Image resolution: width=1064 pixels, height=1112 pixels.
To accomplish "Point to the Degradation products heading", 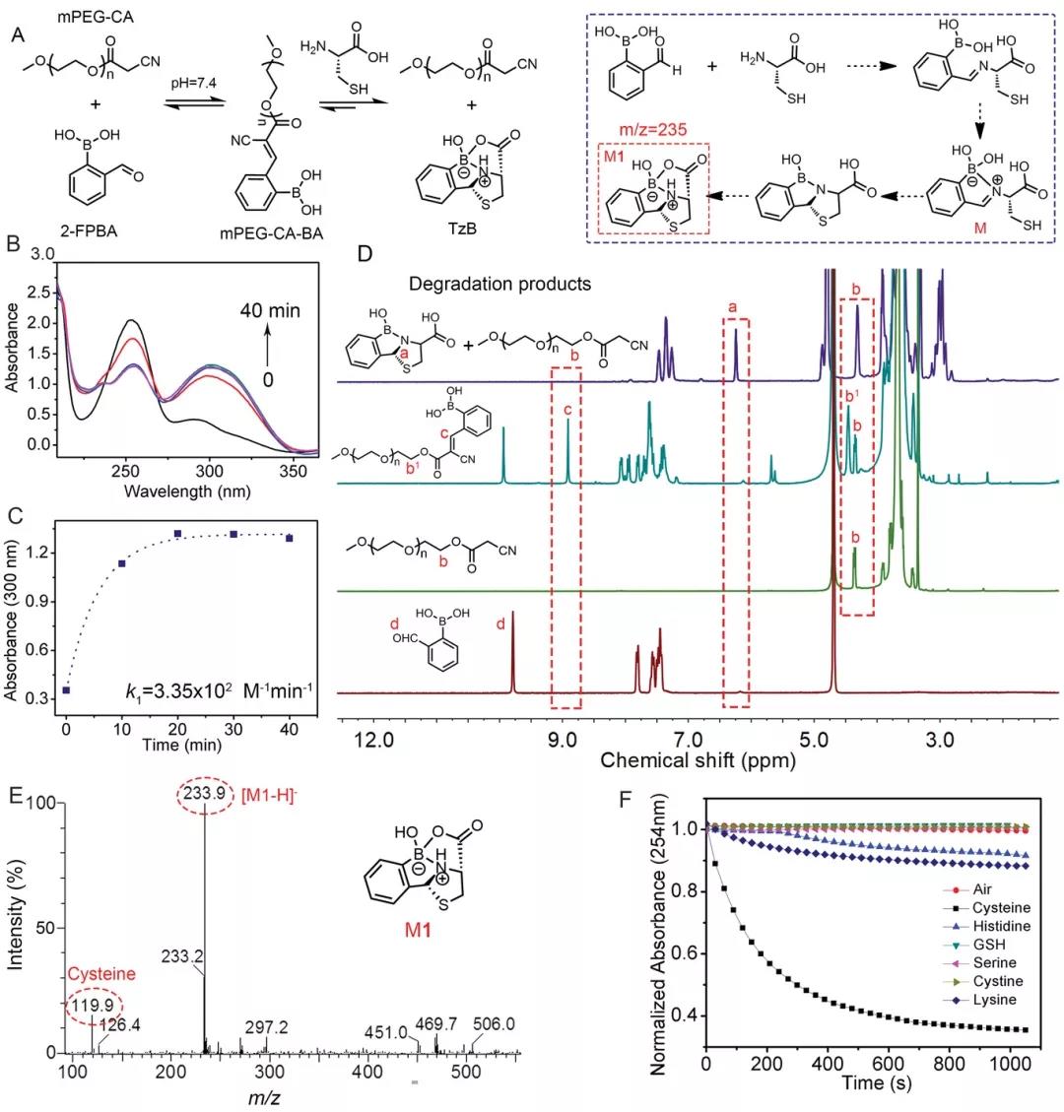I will pyautogui.click(x=500, y=284).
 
